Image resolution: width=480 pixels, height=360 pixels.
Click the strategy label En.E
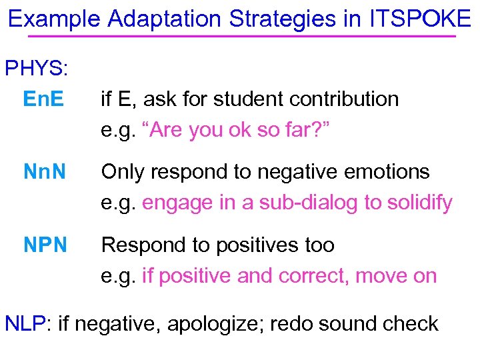[43, 99]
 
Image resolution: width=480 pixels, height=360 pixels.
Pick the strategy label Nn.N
[45, 172]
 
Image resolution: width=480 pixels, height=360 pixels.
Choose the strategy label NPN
[45, 245]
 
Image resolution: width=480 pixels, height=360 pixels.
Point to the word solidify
[415, 203]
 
